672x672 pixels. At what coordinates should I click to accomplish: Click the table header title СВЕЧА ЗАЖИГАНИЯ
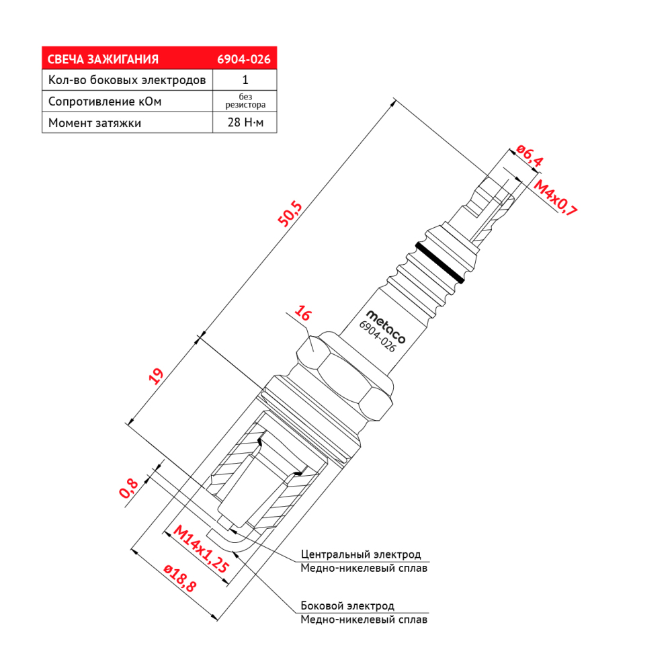(x=103, y=59)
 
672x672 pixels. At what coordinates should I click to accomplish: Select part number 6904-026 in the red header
(x=244, y=59)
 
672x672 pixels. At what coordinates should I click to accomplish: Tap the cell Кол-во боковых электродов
(x=127, y=80)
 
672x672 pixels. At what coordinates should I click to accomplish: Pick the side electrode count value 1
(x=245, y=80)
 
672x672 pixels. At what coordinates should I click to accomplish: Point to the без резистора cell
(x=245, y=101)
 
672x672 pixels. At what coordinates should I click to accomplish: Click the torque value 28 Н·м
(x=245, y=122)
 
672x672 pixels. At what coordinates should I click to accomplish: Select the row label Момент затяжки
(x=95, y=123)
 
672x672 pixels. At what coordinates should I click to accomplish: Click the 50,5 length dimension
(x=290, y=214)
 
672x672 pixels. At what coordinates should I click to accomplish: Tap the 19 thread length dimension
(x=157, y=376)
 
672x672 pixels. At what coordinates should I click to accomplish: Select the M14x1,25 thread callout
(x=200, y=549)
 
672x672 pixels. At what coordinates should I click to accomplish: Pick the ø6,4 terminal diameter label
(x=530, y=155)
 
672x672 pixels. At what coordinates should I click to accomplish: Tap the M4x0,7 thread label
(x=556, y=197)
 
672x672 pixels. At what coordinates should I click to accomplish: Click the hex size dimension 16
(x=303, y=313)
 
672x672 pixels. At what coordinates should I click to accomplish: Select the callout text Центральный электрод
(x=361, y=554)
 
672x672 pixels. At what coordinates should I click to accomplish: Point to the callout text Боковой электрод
(x=347, y=605)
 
